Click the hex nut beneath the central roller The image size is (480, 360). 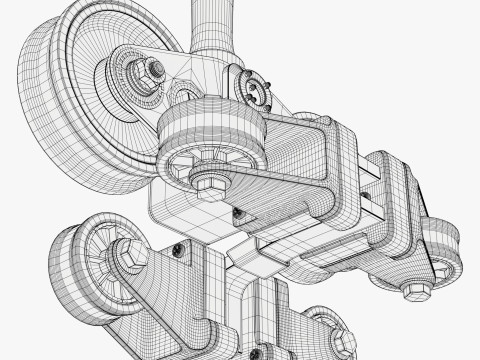211,184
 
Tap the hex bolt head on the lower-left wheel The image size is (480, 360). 132,256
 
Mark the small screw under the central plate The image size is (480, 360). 238,213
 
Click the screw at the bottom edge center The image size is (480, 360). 254,352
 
